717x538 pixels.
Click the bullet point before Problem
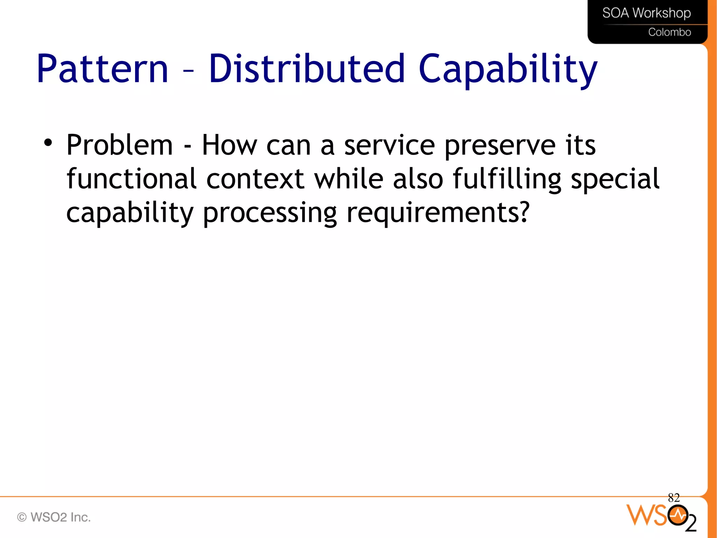[x=48, y=143]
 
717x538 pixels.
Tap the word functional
[x=131, y=178]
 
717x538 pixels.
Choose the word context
[x=255, y=179]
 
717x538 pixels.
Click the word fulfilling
[x=507, y=179]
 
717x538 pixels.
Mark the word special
[x=615, y=179]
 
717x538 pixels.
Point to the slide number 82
[x=674, y=497]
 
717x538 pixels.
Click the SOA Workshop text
[x=646, y=13]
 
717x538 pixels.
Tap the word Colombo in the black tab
[x=669, y=32]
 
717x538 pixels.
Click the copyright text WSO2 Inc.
[x=54, y=517]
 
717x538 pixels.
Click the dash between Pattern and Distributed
[x=188, y=71]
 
